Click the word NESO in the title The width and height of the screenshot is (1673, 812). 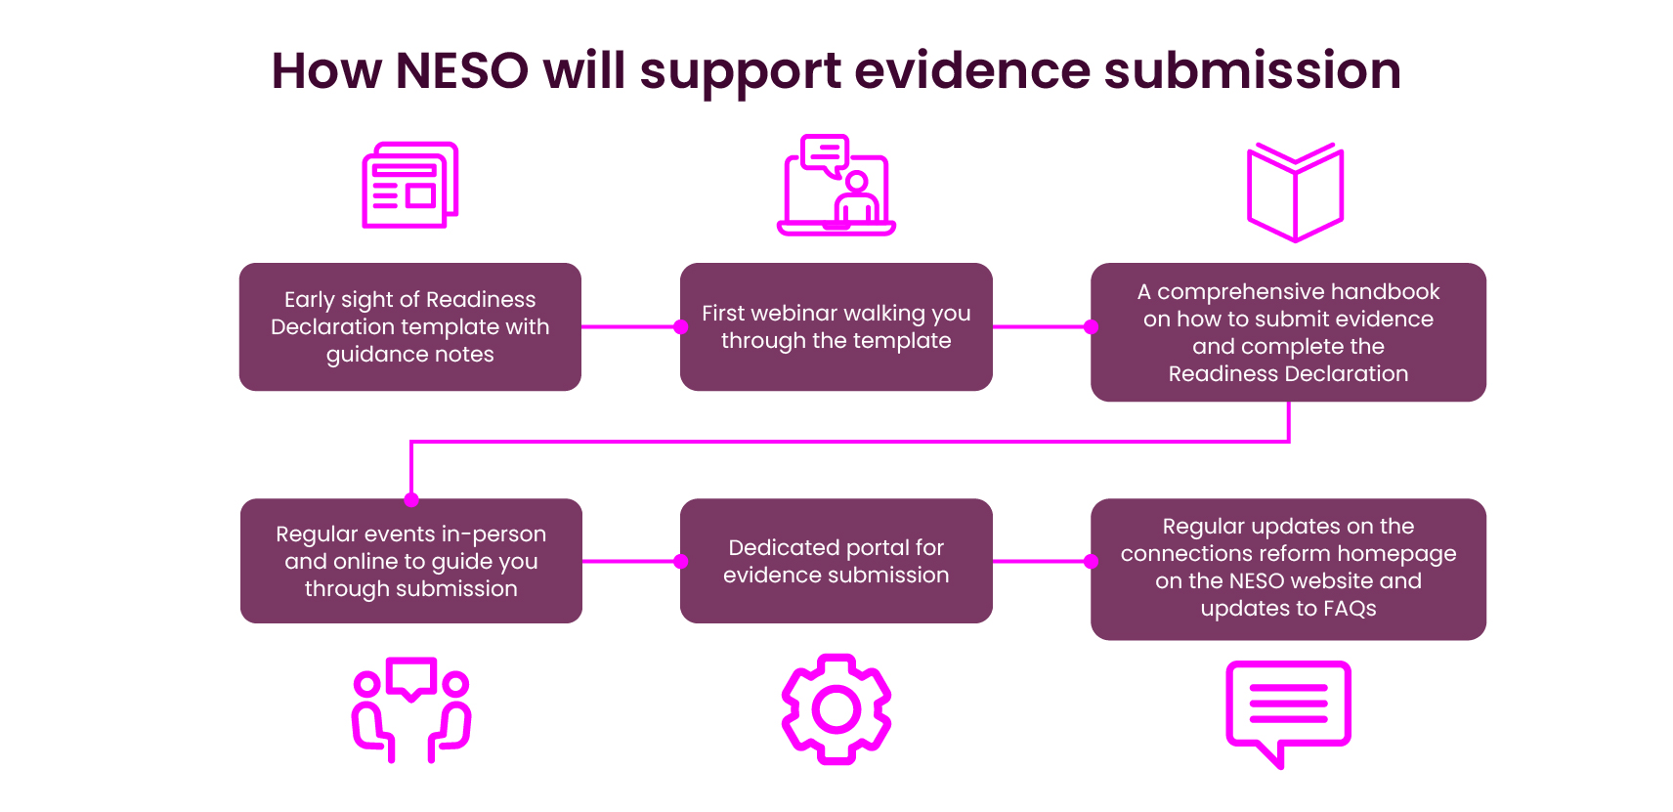461,71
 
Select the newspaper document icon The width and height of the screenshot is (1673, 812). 410,186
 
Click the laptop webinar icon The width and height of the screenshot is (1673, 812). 836,186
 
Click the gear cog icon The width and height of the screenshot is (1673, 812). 836,709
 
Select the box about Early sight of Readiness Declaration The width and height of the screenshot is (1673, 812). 410,326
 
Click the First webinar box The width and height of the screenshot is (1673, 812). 836,326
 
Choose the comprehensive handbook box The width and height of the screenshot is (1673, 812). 1288,332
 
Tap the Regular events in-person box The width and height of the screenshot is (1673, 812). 410,561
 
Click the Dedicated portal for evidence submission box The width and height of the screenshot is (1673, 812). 836,561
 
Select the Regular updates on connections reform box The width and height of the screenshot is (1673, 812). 1288,569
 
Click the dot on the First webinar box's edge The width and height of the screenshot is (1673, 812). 681,327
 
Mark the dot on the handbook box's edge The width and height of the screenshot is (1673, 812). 1092,327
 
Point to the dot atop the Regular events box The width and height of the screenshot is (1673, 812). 411,500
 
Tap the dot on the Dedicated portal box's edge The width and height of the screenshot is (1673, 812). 681,562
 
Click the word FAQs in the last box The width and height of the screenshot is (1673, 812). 1350,609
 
